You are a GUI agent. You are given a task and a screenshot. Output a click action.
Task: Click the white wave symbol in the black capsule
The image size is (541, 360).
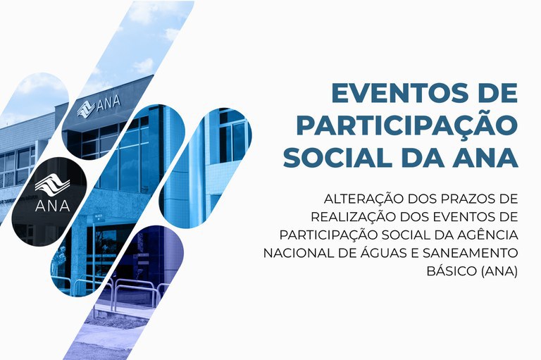click(x=52, y=185)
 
